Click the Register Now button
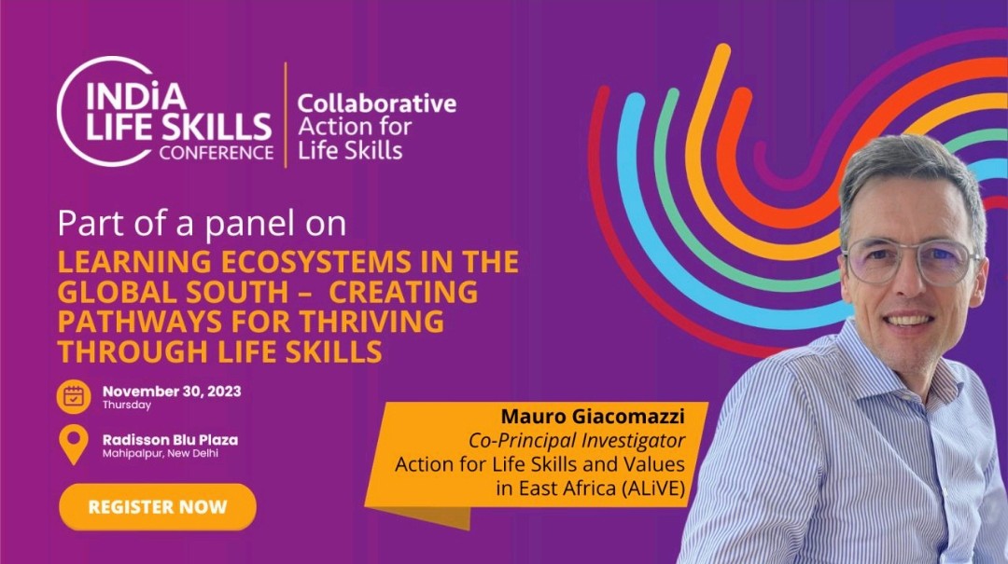coord(157,507)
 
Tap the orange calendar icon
coord(73,396)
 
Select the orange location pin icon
coord(73,445)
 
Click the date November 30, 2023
coord(172,392)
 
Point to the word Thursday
coord(127,406)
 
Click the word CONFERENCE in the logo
coord(216,153)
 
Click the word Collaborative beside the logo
coord(376,103)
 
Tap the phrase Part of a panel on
coord(202,225)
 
